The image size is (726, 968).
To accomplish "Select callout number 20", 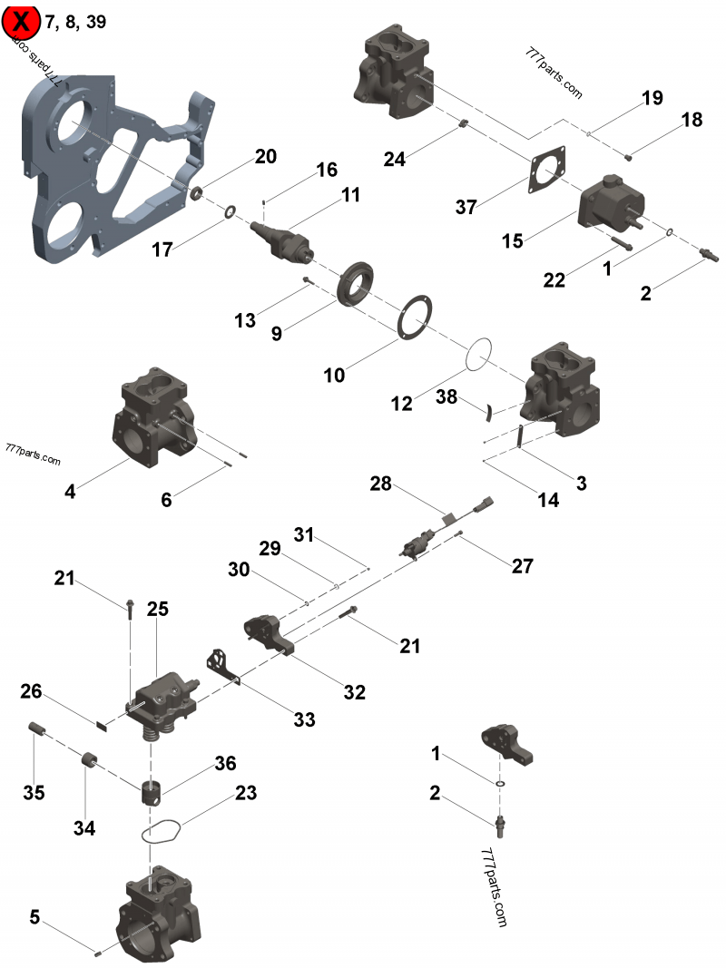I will (265, 156).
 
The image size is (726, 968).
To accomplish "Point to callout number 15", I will (514, 240).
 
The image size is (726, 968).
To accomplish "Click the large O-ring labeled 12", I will (481, 355).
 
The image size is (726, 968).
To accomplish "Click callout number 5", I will (34, 917).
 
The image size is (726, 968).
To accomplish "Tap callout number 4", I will (70, 492).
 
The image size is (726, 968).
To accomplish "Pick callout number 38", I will (446, 397).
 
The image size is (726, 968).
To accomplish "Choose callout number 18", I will (692, 120).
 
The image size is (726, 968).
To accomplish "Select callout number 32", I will (354, 692).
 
